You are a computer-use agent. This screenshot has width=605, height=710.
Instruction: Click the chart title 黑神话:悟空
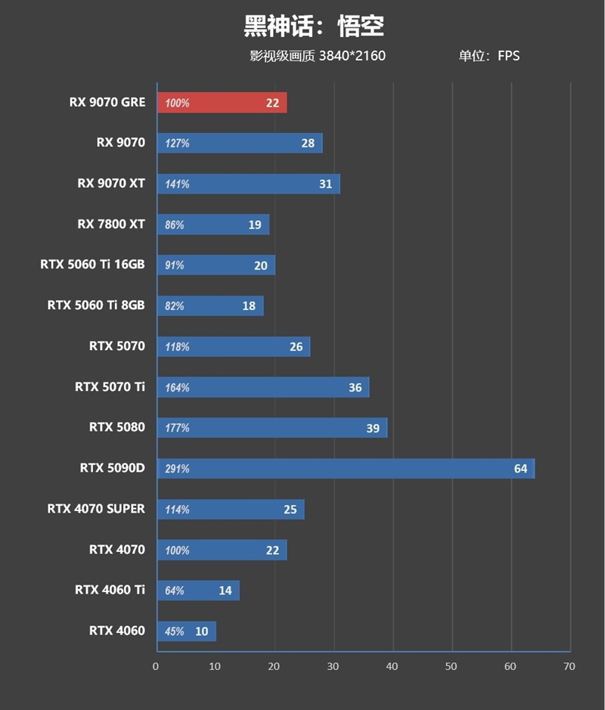click(x=313, y=26)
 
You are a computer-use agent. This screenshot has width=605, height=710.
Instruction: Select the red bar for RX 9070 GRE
click(x=222, y=103)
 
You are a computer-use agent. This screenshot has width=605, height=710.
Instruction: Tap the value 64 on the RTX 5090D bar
click(x=520, y=469)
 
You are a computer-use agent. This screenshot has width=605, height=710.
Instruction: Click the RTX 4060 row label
click(x=116, y=631)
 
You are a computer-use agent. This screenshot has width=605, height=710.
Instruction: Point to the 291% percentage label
click(x=177, y=469)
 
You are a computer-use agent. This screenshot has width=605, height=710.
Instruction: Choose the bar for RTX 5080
click(x=272, y=428)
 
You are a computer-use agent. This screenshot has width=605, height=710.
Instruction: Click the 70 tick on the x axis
click(x=569, y=666)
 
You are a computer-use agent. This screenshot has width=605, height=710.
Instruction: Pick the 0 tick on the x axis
click(x=156, y=666)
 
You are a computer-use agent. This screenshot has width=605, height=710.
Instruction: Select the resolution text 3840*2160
click(x=352, y=56)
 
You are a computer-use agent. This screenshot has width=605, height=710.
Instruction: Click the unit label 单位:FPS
click(x=489, y=56)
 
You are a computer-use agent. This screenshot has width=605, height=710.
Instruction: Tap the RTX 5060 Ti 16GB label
click(x=92, y=265)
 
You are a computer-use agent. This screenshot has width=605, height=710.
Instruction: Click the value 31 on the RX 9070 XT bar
click(x=325, y=184)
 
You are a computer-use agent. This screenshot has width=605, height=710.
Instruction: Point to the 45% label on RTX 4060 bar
click(x=175, y=631)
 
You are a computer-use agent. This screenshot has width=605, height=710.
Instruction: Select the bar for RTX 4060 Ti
click(x=198, y=591)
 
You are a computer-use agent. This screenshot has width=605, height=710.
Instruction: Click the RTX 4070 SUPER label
click(x=95, y=509)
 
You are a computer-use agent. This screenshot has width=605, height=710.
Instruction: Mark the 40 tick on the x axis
click(x=392, y=666)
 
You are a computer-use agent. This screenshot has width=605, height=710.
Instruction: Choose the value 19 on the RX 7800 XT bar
click(x=254, y=225)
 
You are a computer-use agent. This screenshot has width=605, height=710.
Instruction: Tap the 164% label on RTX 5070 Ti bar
click(x=177, y=388)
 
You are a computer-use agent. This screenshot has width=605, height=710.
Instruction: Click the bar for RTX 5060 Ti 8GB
click(x=210, y=305)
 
